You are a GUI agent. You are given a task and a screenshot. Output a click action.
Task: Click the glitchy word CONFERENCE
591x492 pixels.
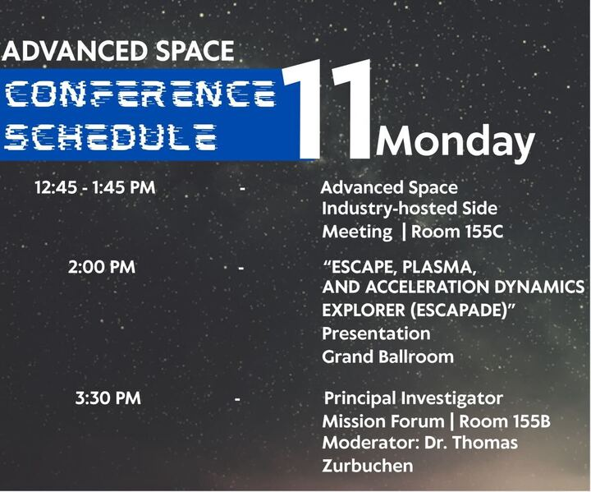[x=140, y=95]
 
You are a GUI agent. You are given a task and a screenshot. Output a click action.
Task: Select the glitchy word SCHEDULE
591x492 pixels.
[x=111, y=136]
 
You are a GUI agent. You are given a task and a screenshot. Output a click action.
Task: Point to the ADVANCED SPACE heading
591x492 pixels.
[x=118, y=52]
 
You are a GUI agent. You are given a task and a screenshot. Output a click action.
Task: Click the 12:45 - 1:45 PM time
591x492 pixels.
[x=94, y=188]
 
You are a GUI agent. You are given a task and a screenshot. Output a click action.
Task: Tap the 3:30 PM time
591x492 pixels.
[x=108, y=398]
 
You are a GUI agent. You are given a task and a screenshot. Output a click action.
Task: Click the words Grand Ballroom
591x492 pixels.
[x=387, y=356]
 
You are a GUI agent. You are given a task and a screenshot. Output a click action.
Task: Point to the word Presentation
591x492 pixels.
[x=376, y=333]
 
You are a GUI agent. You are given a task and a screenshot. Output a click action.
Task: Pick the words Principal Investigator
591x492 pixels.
[x=413, y=399]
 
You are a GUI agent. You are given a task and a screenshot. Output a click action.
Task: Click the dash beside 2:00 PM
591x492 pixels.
[x=241, y=268]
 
